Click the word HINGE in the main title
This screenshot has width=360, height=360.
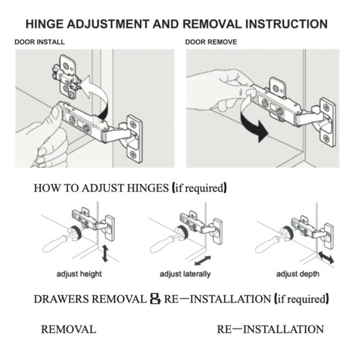click(44, 24)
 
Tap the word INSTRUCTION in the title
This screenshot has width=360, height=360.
click(286, 24)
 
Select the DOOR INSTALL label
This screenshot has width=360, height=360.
click(40, 42)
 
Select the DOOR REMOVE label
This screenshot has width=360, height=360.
click(211, 42)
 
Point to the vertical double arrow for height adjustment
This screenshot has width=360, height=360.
click(105, 253)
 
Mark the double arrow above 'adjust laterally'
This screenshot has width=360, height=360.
click(202, 261)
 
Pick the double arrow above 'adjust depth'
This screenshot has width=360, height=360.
click(326, 257)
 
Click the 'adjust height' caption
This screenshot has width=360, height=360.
click(79, 274)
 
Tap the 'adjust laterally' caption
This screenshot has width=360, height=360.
click(185, 274)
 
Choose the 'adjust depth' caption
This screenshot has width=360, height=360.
click(297, 274)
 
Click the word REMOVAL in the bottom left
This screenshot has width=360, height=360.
click(68, 329)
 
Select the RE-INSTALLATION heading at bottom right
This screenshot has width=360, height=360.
click(270, 329)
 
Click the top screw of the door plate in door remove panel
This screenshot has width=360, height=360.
click(326, 107)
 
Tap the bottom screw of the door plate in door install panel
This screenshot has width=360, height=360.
click(133, 154)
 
